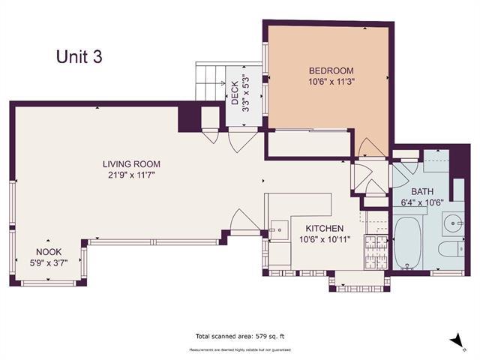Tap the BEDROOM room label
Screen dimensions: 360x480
click(x=331, y=71)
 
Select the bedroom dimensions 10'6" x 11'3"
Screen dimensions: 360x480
click(x=331, y=83)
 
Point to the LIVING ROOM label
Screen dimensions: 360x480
click(x=132, y=164)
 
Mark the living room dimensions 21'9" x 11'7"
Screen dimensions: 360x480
click(x=132, y=175)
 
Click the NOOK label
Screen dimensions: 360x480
click(x=49, y=252)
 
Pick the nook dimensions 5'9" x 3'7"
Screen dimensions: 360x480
click(x=49, y=263)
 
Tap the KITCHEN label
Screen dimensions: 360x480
click(x=324, y=228)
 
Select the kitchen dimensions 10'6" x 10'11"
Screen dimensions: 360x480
click(x=324, y=240)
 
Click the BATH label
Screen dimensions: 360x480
click(x=421, y=190)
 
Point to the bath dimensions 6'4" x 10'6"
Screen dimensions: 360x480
click(x=421, y=202)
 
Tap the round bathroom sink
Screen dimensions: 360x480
click(x=452, y=223)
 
